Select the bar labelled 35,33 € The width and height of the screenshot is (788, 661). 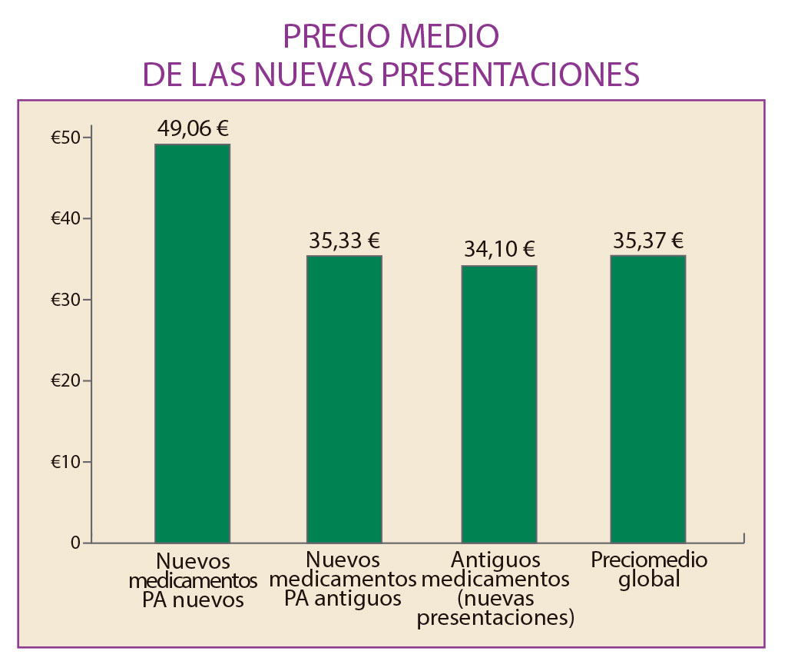coord(344,399)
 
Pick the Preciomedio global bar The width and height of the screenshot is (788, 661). coord(647,399)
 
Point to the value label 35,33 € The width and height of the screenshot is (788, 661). coord(344,241)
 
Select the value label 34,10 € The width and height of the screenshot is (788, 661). coord(499,250)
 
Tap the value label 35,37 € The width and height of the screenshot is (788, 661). coord(648,241)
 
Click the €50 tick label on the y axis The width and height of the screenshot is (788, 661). coord(65,138)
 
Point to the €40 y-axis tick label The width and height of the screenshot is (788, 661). coord(65,219)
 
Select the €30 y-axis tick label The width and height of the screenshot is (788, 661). coord(65,300)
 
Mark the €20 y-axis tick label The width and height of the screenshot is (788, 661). coord(65,381)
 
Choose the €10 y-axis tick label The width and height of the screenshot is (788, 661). coord(65,462)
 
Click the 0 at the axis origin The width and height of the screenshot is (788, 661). coord(75,543)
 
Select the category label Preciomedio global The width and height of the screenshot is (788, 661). coord(649,569)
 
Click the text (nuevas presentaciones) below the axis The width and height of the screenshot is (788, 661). coord(496,608)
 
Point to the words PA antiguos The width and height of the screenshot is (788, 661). coord(343,598)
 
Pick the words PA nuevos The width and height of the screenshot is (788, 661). coord(193,600)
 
